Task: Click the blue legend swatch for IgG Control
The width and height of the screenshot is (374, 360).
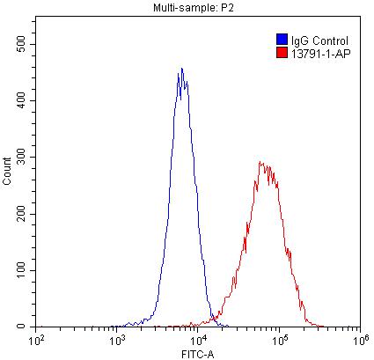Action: (x=281, y=40)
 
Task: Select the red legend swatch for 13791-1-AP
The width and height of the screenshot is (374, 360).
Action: (x=281, y=53)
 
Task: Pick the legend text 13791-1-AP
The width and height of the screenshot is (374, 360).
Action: (x=319, y=53)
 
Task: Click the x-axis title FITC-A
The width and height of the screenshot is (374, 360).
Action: (x=197, y=353)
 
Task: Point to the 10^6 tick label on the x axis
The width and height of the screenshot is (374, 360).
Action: (x=358, y=338)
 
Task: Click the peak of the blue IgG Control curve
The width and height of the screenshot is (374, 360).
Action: (x=181, y=69)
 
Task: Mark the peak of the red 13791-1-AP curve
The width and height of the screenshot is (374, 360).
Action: (x=261, y=162)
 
